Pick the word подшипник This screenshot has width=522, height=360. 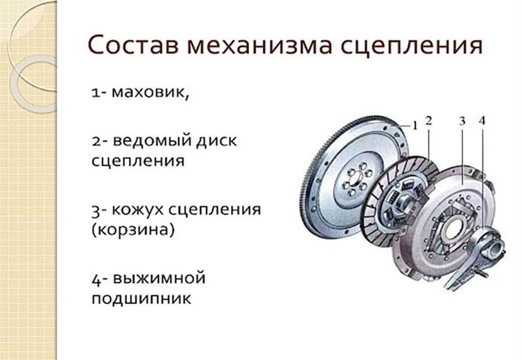click(x=142, y=298)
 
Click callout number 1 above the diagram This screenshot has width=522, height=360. click(x=414, y=125)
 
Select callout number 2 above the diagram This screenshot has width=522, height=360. click(x=428, y=121)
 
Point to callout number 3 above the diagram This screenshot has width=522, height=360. click(x=462, y=121)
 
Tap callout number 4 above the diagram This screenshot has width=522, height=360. click(x=482, y=121)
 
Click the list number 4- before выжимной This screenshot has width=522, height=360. click(x=99, y=279)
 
